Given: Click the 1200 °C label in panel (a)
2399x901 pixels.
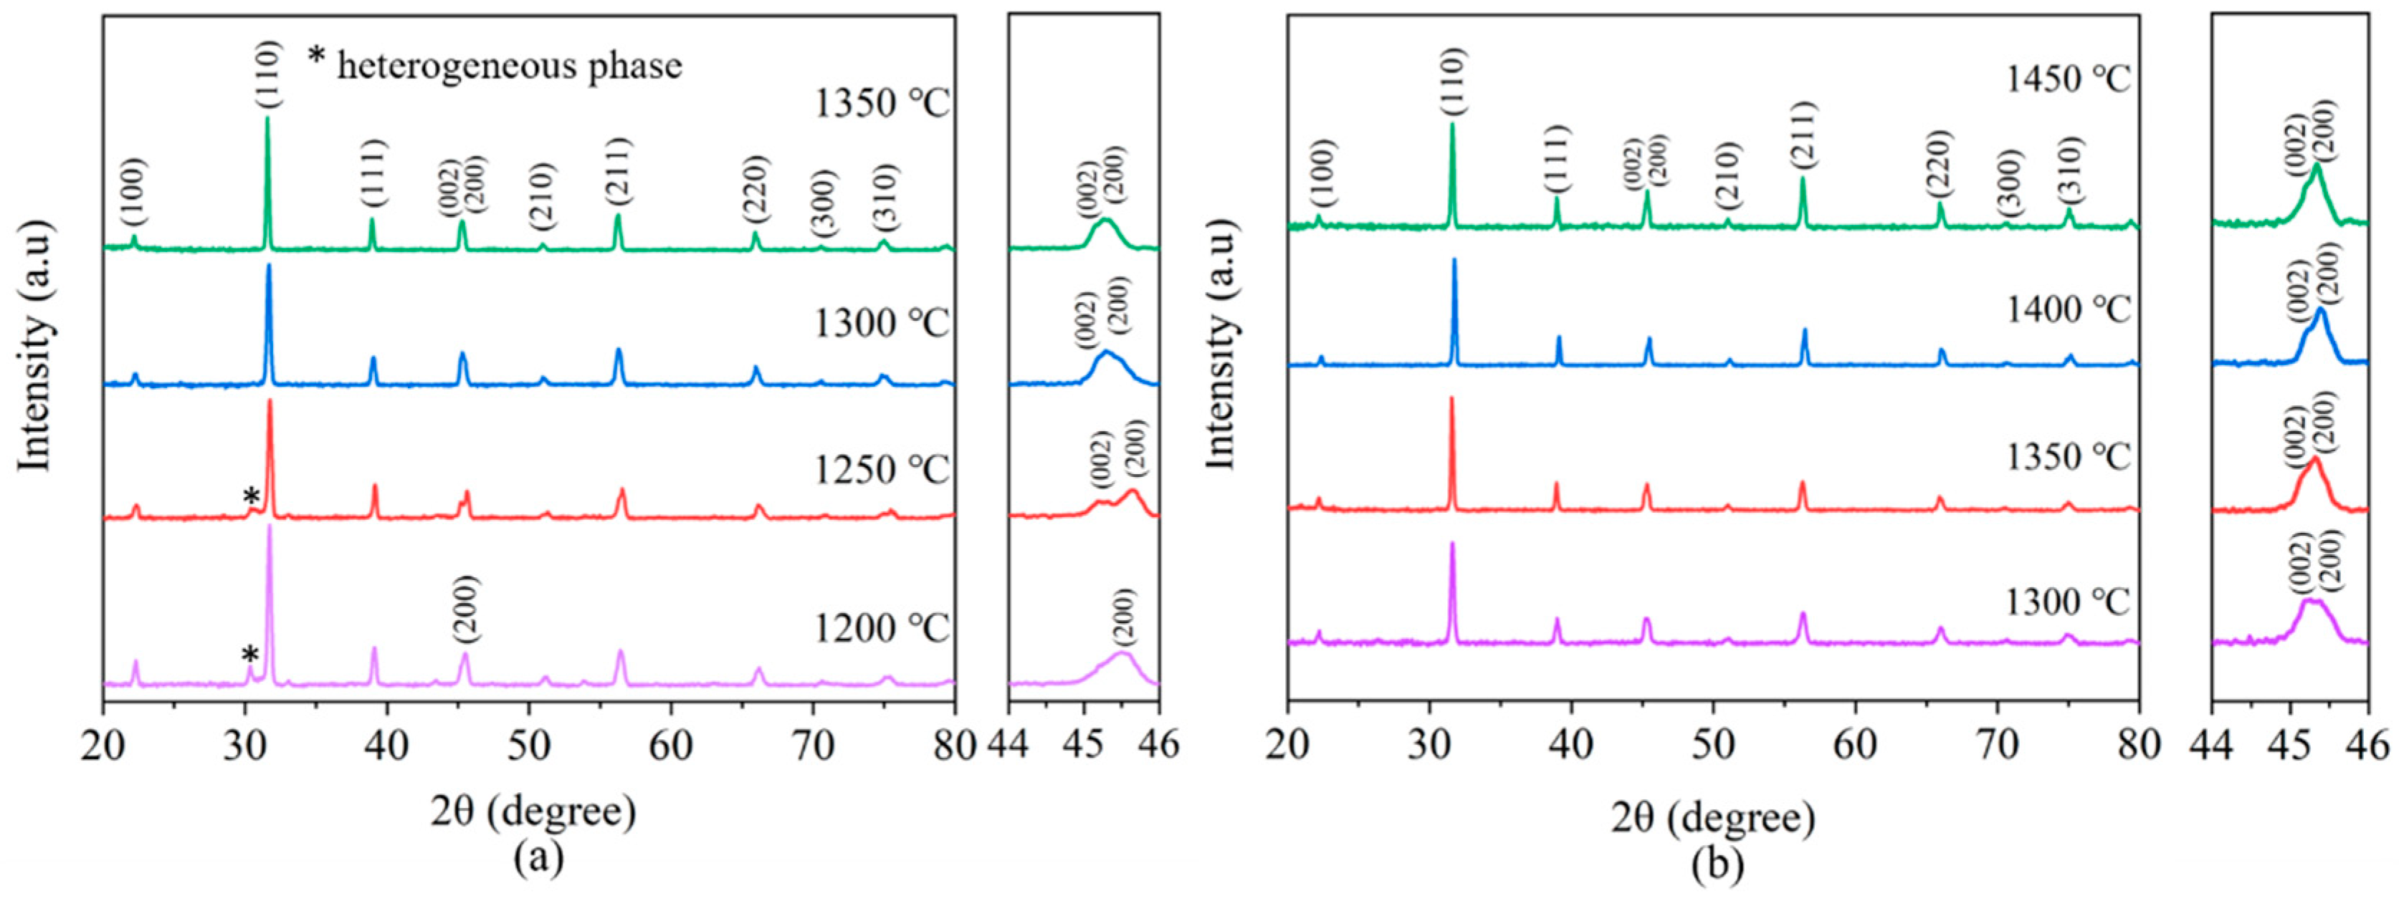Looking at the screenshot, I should pos(881,630).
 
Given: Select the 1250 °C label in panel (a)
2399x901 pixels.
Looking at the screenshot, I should pos(881,470).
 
